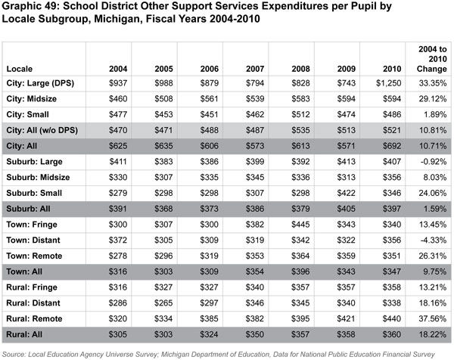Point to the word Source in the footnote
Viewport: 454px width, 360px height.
16,352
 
